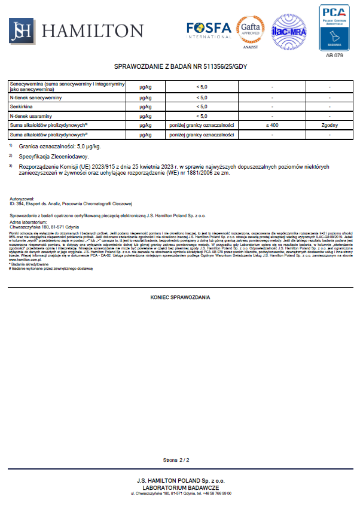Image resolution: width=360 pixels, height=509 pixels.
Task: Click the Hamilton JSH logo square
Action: pyautogui.click(x=22, y=30)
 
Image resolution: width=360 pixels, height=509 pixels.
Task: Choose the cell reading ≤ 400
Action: pyautogui.click(x=272, y=125)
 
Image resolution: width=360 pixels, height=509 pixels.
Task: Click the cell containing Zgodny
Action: pyautogui.click(x=330, y=125)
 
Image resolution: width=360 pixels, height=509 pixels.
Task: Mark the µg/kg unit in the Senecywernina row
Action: pyautogui.click(x=145, y=87)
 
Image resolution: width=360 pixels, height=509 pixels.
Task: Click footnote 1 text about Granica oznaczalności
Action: pyautogui.click(x=60, y=146)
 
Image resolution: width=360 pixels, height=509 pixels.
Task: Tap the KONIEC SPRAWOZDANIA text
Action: pyautogui.click(x=180, y=297)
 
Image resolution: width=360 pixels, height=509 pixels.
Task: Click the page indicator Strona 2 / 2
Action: pyautogui.click(x=176, y=461)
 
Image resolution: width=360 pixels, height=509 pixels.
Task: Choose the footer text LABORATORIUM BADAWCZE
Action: pyautogui.click(x=180, y=487)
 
